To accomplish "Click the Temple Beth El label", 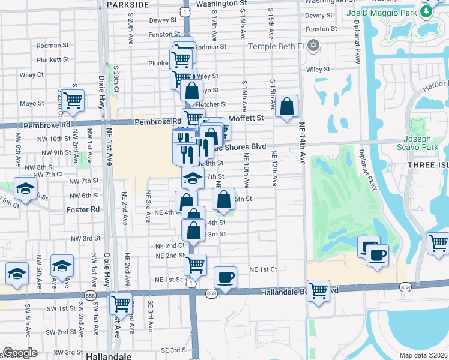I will [x=277, y=46].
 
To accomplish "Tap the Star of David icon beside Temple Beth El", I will [x=312, y=46].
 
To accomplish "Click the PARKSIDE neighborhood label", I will [x=127, y=4].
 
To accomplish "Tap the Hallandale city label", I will [x=108, y=356].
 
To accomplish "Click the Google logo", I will [x=20, y=353].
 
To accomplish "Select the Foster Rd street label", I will [x=85, y=209].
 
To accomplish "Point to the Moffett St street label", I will [x=247, y=118].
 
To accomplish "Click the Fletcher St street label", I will [x=209, y=104].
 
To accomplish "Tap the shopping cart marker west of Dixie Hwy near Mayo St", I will [x=73, y=101].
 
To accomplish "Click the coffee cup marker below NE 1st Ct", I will [x=225, y=277].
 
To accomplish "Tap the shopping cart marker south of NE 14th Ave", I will [x=318, y=290].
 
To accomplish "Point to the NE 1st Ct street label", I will [x=263, y=269].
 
